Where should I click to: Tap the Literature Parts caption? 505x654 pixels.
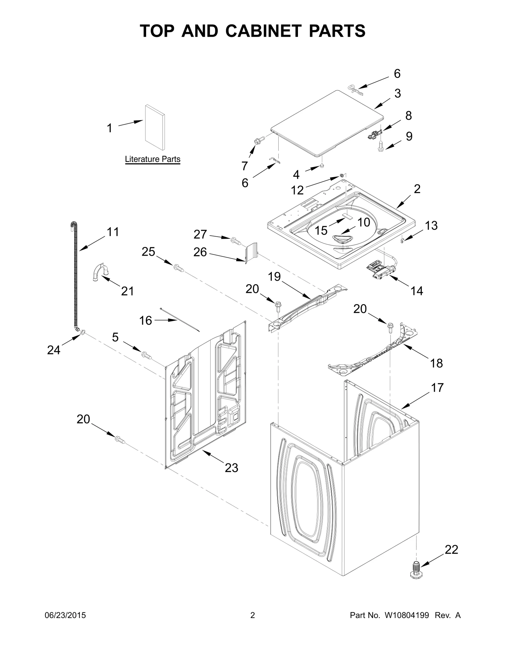(152, 159)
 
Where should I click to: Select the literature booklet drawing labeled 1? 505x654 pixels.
(154, 127)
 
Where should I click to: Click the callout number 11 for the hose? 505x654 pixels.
(113, 232)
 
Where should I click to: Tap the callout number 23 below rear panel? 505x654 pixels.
(231, 468)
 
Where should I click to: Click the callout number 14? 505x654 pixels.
(417, 291)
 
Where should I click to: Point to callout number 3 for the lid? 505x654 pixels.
(398, 93)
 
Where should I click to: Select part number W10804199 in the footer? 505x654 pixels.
(406, 615)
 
